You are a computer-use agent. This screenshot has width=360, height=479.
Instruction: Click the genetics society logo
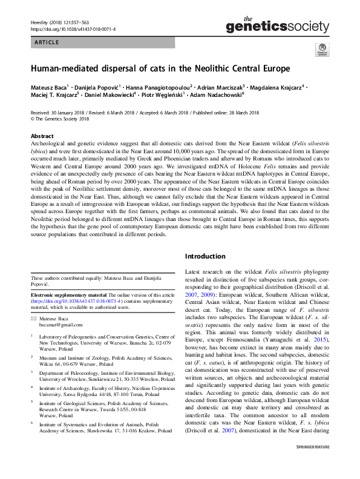click(277, 25)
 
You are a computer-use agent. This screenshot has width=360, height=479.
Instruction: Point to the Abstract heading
click(42, 136)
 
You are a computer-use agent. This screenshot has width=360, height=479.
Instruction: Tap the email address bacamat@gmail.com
click(60, 325)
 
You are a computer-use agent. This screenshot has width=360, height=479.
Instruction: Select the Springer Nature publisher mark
click(311, 465)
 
